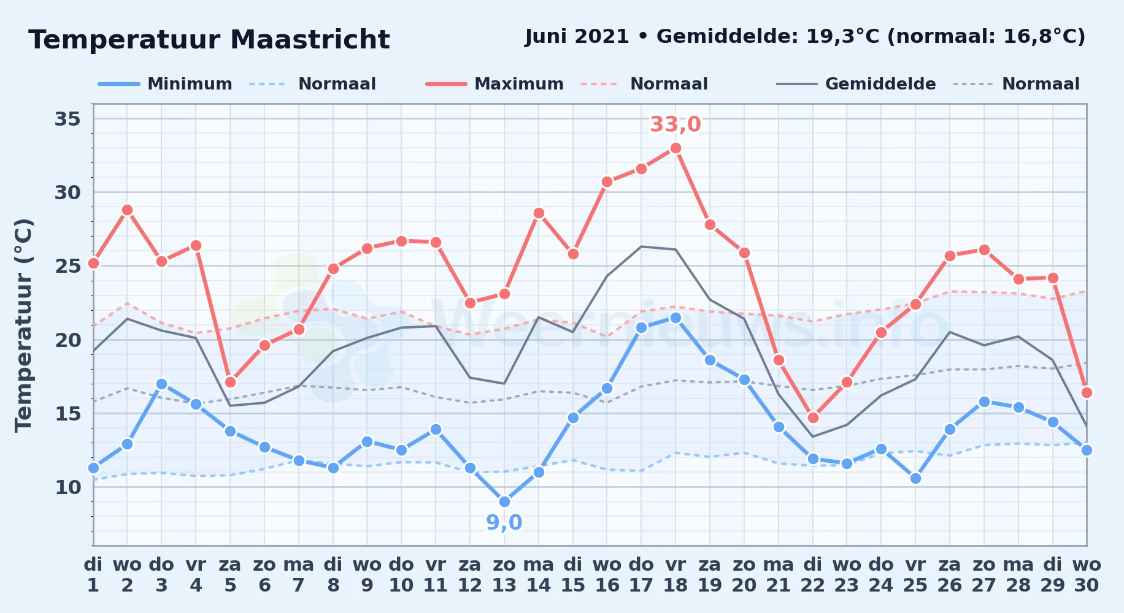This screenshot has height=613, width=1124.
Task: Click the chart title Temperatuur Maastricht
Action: (209, 40)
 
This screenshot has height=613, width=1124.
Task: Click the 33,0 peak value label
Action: (675, 124)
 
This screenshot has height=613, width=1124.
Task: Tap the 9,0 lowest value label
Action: (504, 523)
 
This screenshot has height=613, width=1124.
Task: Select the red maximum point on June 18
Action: (676, 148)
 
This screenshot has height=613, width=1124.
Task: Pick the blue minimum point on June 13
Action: (504, 502)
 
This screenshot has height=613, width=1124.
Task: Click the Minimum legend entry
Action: (165, 84)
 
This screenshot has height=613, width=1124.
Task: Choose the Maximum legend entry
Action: (495, 84)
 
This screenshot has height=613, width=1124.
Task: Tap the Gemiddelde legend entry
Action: (856, 84)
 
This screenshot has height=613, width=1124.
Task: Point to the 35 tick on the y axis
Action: (68, 118)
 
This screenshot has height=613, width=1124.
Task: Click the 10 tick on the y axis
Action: (68, 487)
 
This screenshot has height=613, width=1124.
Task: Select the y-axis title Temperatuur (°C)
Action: (24, 325)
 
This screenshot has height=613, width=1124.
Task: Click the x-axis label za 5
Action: (230, 574)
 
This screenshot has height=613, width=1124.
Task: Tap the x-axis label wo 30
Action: (1087, 574)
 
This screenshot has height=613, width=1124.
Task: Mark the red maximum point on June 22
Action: (813, 418)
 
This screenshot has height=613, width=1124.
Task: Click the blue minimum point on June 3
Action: (161, 384)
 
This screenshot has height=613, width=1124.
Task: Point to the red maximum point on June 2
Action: (127, 210)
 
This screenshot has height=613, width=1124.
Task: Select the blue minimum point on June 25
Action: (915, 479)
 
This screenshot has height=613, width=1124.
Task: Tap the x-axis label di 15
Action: (573, 574)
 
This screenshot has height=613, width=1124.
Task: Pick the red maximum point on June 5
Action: (230, 383)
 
